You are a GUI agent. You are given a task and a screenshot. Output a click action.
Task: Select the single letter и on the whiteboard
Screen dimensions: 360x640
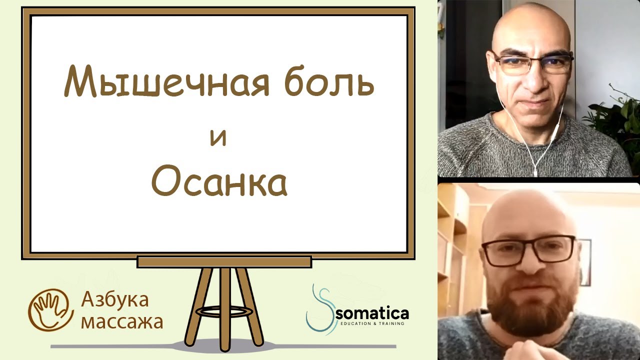pyautogui.click(x=218, y=137)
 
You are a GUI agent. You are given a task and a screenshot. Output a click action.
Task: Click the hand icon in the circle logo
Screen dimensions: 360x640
pyautogui.click(x=50, y=310)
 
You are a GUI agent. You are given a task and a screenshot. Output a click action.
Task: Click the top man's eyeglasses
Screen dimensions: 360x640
pyautogui.click(x=532, y=63)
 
